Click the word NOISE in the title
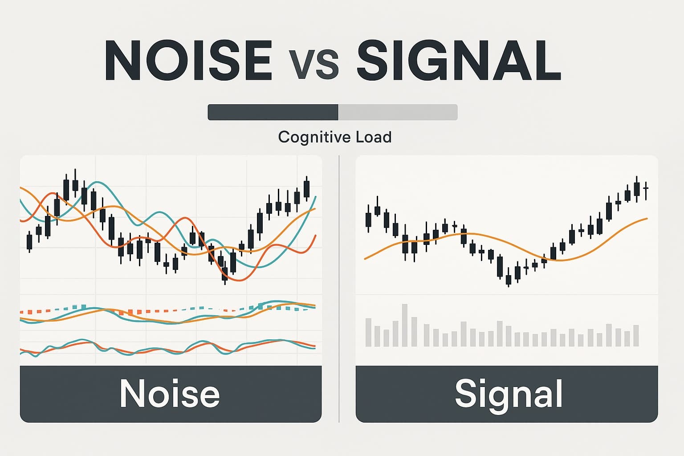tap(188, 60)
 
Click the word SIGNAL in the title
tap(458, 60)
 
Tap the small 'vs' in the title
tap(313, 65)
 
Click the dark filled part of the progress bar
tap(273, 112)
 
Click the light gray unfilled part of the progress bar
tap(398, 112)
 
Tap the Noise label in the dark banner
tap(170, 394)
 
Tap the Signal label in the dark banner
tap(509, 394)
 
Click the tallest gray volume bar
tap(405, 325)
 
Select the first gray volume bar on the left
tap(368, 332)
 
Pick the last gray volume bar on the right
tap(636, 336)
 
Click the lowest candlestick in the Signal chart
tap(508, 279)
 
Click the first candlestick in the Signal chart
tap(368, 220)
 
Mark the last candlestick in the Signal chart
tap(646, 188)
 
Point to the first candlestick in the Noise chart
tap(30, 241)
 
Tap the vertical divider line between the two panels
tap(339, 289)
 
